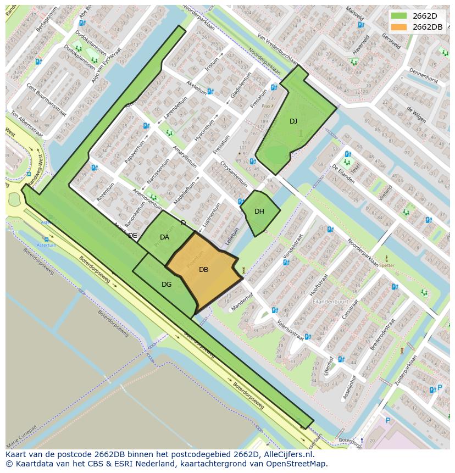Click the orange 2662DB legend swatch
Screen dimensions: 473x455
pyautogui.click(x=399, y=27)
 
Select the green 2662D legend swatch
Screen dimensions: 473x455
pyautogui.click(x=399, y=16)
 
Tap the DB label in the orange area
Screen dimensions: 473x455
pyautogui.click(x=203, y=270)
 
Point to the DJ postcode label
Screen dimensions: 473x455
pyautogui.click(x=293, y=121)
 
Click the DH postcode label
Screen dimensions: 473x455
pyautogui.click(x=259, y=212)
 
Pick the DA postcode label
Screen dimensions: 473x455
pyautogui.click(x=164, y=237)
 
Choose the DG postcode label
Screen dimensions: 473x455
pyautogui.click(x=167, y=285)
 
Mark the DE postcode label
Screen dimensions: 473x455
pyautogui.click(x=132, y=236)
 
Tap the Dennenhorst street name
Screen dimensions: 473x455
pyautogui.click(x=424, y=80)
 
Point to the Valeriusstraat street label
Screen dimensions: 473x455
pyautogui.click(x=290, y=330)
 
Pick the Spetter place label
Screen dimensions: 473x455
pyautogui.click(x=387, y=265)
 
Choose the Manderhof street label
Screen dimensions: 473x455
pyautogui.click(x=243, y=302)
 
